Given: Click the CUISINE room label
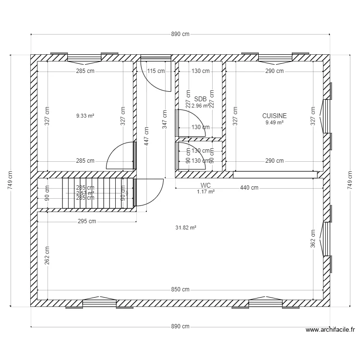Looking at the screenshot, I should click(x=274, y=116).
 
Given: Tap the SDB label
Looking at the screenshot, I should click(x=200, y=99).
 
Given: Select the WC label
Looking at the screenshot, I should click(x=205, y=185).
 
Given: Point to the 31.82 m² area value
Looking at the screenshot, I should click(x=186, y=228).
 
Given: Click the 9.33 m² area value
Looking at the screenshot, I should click(x=85, y=116).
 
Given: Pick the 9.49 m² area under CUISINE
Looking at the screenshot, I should click(x=274, y=122).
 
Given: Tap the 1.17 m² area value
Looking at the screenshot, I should click(x=205, y=192).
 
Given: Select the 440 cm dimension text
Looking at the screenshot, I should click(x=249, y=188).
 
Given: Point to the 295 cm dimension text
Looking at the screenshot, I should click(x=87, y=221).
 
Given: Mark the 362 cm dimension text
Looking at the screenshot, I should click(x=312, y=239).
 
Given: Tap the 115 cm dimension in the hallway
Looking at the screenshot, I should click(x=156, y=71).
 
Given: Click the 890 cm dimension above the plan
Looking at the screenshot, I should click(x=180, y=34).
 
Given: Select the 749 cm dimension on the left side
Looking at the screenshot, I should click(x=11, y=180).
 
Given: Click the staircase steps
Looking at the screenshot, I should click(x=96, y=193).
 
